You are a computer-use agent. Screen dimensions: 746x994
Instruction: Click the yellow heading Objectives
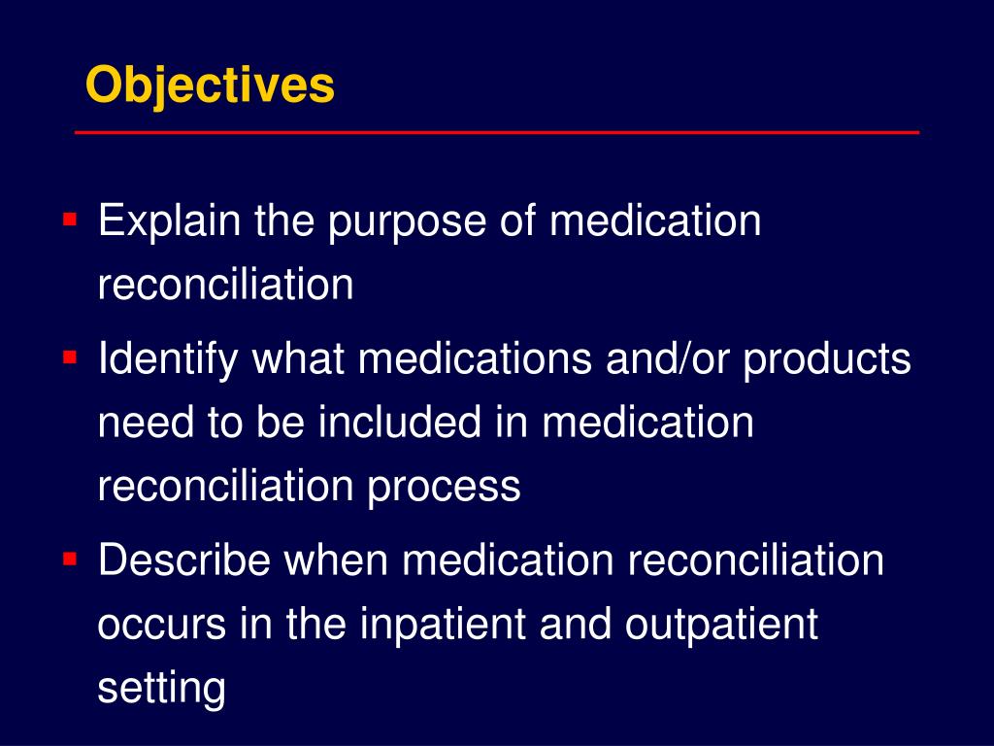[x=210, y=85]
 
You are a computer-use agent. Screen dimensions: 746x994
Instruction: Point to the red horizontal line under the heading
[x=497, y=132]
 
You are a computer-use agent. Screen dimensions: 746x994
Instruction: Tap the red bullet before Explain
[x=70, y=220]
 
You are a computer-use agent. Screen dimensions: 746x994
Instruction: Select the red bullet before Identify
[x=70, y=357]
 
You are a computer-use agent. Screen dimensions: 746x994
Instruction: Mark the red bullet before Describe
[x=70, y=559]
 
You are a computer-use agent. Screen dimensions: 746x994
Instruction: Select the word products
[x=828, y=361]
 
